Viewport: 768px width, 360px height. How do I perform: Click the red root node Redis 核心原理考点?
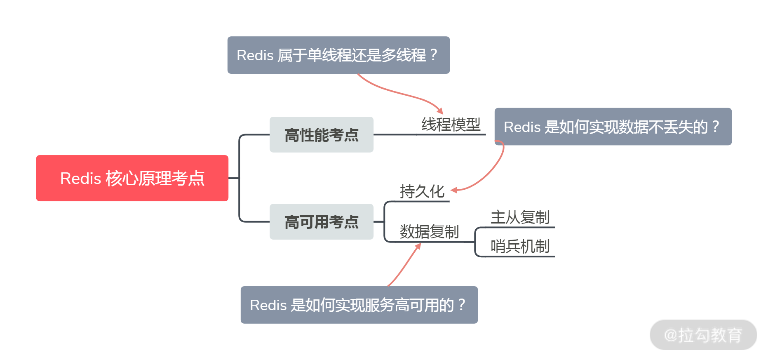[x=132, y=178]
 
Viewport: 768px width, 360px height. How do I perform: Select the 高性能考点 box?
[x=321, y=135]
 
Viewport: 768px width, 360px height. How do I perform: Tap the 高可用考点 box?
[x=321, y=222]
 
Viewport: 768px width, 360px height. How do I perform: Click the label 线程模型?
[x=451, y=125]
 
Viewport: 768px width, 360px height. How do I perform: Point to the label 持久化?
[x=422, y=191]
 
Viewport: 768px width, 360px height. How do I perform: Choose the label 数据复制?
[x=429, y=232]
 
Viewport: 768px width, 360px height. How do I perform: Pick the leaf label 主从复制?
[x=520, y=217]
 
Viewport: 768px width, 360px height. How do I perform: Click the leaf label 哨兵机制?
[x=520, y=247]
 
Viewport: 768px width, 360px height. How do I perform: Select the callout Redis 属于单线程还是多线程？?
[x=338, y=55]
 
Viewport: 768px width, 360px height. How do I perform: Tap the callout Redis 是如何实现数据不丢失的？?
[x=613, y=127]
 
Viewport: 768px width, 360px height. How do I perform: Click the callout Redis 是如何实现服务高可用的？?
[x=359, y=305]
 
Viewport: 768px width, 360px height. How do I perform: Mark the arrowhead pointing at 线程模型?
[x=440, y=111]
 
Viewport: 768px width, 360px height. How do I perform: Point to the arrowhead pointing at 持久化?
[x=454, y=190]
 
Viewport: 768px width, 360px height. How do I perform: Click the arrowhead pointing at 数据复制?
[x=418, y=246]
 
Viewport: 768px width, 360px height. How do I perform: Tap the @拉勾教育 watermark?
[x=703, y=335]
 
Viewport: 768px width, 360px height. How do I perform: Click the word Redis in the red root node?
[x=80, y=179]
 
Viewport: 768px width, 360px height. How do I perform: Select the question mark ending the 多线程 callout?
[x=433, y=54]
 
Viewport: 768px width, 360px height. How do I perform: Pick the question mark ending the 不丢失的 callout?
[x=716, y=126]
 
